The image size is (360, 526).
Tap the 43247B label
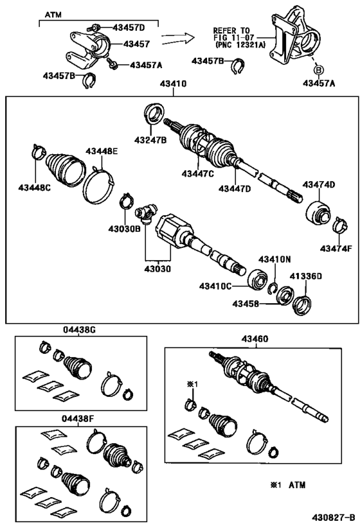click(x=150, y=139)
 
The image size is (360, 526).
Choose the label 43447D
click(x=234, y=188)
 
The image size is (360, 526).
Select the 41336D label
click(x=306, y=276)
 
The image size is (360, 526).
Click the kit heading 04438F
click(x=78, y=418)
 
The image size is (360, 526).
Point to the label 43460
click(x=255, y=339)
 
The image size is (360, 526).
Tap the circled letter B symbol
click(x=318, y=70)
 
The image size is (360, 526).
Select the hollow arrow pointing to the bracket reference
click(x=178, y=41)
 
